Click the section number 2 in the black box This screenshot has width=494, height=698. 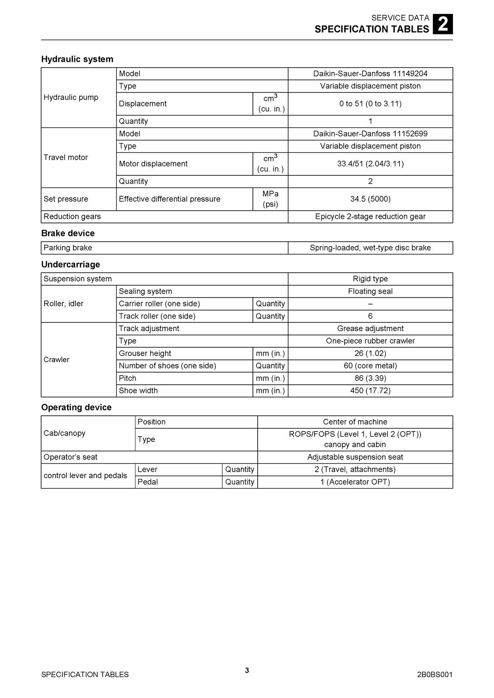[x=442, y=24]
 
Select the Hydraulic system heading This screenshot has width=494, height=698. [x=77, y=59]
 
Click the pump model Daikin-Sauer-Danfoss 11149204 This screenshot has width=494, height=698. [x=370, y=74]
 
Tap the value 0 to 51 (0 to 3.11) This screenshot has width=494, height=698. [x=370, y=104]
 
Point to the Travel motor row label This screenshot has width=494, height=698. [x=66, y=157]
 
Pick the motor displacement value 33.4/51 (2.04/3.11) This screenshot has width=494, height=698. [x=370, y=164]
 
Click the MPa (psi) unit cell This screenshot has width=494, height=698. [x=270, y=199]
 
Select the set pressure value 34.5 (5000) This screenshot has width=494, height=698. [x=370, y=199]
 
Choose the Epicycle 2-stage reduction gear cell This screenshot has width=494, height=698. [x=370, y=216]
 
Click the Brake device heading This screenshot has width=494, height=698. [x=68, y=233]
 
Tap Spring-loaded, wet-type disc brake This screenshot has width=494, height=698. [x=370, y=248]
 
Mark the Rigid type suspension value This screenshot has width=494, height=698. [x=370, y=279]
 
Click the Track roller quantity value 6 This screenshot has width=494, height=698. [x=370, y=316]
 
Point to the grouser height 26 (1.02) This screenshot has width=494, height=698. [x=370, y=353]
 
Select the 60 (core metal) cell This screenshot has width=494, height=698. [x=370, y=366]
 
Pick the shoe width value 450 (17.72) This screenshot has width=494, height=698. [x=370, y=390]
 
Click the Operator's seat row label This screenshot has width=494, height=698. [x=70, y=457]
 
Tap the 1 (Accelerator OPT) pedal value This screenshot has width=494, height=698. [x=355, y=482]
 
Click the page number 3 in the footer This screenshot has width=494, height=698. [x=247, y=671]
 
